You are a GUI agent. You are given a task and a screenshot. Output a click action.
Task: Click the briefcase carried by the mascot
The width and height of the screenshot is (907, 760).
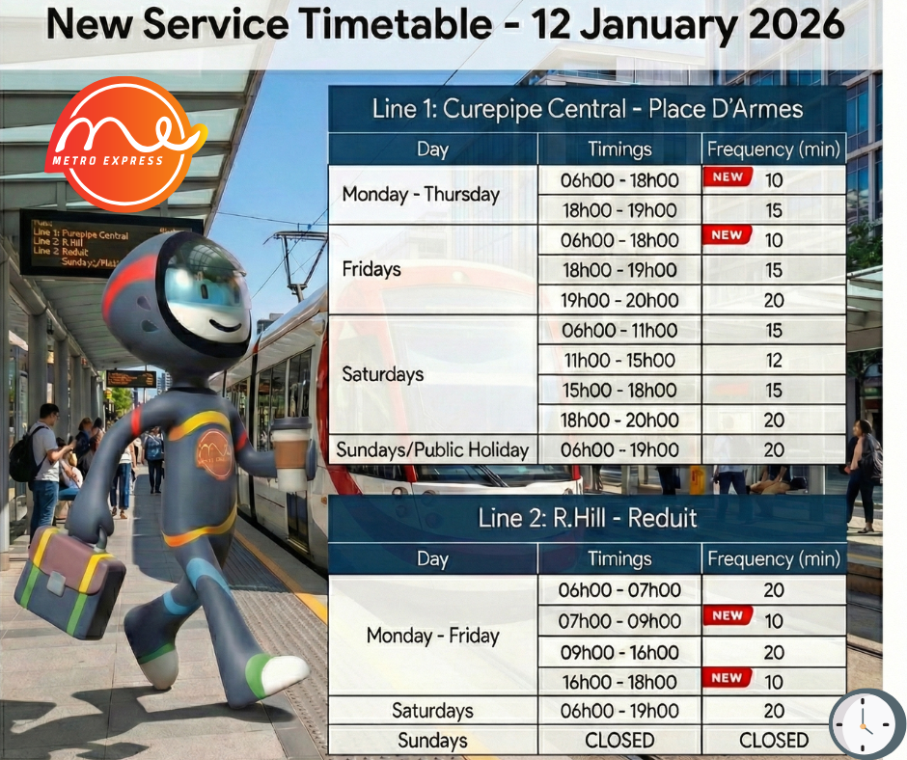coord(69,581)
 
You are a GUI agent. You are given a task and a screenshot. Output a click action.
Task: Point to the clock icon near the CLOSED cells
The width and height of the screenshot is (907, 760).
coord(866,723)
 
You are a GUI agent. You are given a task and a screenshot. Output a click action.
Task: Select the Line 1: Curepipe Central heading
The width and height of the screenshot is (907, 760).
coord(587,109)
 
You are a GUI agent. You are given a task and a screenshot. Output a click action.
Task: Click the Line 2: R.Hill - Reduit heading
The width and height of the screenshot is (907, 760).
coord(587,518)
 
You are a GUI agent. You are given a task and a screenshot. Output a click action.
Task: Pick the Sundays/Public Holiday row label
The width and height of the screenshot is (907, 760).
coord(432,449)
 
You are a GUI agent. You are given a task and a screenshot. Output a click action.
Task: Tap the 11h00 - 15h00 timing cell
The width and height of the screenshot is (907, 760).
coord(619,361)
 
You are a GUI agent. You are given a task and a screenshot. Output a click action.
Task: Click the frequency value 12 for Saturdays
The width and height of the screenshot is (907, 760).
coord(774,361)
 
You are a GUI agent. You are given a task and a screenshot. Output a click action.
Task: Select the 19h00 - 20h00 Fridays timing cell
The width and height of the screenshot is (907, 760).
coord(619,300)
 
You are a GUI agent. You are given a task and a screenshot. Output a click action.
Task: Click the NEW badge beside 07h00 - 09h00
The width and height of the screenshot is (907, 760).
coord(728,615)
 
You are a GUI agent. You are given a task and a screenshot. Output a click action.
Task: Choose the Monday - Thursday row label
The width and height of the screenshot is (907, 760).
coord(421,194)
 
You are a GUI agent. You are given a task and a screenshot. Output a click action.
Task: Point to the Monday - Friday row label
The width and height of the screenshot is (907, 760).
coord(432,636)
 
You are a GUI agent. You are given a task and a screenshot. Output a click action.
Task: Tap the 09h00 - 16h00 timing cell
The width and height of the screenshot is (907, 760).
coord(619,652)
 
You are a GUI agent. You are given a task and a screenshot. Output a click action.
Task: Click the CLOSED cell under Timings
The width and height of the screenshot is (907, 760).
coord(619,741)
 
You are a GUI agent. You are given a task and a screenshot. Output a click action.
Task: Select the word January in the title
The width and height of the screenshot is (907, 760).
coord(658,24)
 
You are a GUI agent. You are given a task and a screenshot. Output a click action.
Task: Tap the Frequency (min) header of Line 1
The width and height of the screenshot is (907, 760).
coord(774,149)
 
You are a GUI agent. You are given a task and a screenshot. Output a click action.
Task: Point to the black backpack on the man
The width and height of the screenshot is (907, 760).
coord(24,456)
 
